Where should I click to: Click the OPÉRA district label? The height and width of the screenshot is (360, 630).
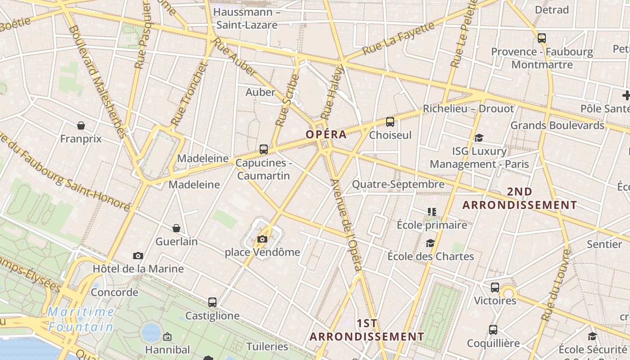326,134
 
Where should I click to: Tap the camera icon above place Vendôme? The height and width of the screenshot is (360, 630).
262,239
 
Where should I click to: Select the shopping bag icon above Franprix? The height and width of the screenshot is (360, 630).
81,125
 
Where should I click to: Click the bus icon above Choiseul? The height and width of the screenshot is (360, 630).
390,121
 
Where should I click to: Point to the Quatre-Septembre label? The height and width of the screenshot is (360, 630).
398,184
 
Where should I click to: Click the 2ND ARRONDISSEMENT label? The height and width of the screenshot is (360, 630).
520,198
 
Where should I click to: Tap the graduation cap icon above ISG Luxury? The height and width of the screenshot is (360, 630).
479,138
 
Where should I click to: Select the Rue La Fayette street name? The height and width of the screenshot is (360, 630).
399,37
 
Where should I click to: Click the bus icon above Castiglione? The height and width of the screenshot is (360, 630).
212,302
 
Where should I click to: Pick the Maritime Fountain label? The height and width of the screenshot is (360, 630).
81,319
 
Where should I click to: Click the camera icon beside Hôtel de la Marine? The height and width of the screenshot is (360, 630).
138,256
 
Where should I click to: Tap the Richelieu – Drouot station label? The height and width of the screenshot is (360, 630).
468,108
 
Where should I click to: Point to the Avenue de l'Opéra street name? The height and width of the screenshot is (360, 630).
346,225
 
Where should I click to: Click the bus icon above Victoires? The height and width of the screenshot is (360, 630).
495,287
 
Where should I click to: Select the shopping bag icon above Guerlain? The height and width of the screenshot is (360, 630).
176,228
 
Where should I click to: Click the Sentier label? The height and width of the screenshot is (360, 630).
604,244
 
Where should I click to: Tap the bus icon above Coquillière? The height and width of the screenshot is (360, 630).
493,330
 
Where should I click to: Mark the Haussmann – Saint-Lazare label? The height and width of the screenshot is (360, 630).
247,18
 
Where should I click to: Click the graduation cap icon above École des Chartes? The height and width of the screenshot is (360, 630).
431,243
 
